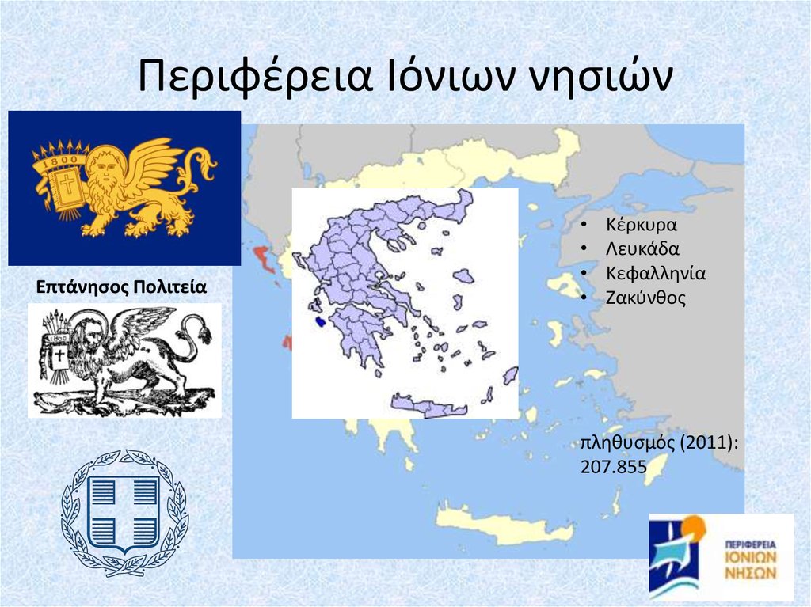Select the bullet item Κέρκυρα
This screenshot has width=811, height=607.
coord(641,224)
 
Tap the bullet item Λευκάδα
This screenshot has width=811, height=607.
coord(642,248)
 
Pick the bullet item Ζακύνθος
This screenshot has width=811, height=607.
coord(645,298)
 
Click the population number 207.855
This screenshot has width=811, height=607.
coord(613,468)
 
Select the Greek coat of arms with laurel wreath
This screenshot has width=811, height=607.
coord(124,512)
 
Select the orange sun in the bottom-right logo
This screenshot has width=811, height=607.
coord(691,526)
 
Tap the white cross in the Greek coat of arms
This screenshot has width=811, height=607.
coord(124,513)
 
